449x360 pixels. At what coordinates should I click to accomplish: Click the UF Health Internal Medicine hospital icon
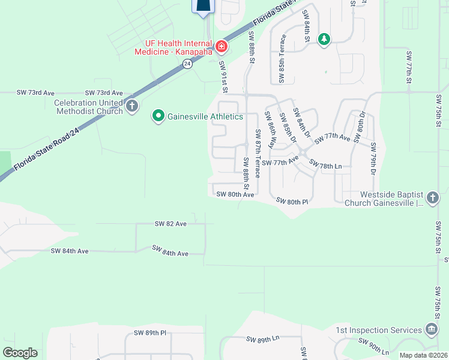(x=221, y=46)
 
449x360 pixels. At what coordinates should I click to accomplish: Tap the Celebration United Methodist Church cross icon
(x=132, y=107)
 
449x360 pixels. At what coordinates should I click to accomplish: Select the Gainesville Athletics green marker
(x=158, y=116)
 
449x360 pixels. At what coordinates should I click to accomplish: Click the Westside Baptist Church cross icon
(x=431, y=198)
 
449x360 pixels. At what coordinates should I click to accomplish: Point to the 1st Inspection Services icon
(x=431, y=329)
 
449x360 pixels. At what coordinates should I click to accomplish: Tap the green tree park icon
(x=324, y=40)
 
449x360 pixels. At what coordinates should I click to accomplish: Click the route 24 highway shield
(x=187, y=64)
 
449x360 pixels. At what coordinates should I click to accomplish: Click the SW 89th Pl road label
(x=149, y=332)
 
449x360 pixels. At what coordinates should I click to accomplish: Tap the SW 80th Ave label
(x=235, y=194)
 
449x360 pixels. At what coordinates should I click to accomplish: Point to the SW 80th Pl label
(x=292, y=201)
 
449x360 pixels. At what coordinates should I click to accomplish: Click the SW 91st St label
(x=223, y=76)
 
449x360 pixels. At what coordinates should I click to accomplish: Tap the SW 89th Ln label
(x=263, y=339)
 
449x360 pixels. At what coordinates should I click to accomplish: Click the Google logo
(x=20, y=353)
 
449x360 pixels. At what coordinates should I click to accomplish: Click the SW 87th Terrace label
(x=258, y=153)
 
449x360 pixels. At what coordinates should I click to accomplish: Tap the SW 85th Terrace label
(x=282, y=58)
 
